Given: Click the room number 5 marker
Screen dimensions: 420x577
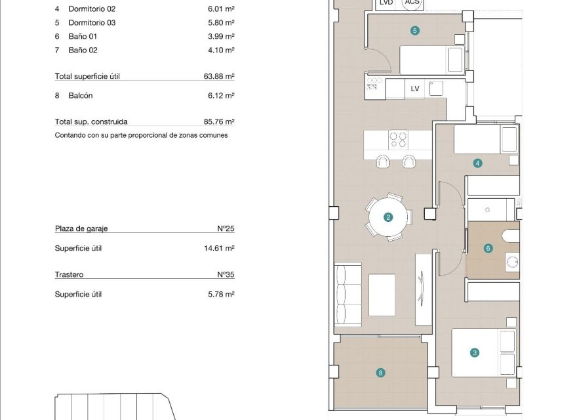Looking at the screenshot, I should (414, 30).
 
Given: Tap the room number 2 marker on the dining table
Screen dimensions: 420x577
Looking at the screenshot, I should (388, 217).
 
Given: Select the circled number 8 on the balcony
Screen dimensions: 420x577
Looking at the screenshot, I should (380, 373).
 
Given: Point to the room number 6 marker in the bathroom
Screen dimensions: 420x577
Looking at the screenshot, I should (488, 248).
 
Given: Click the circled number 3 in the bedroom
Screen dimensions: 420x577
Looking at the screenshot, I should (475, 352).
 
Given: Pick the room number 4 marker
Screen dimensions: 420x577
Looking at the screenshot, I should (478, 163).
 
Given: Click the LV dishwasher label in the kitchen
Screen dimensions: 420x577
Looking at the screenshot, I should (414, 89).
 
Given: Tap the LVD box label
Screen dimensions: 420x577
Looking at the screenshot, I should (387, 3).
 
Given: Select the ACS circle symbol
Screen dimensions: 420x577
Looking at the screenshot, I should (412, 3).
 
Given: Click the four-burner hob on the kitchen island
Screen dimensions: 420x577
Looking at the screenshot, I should (399, 139).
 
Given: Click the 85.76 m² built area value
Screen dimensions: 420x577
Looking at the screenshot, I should (219, 121).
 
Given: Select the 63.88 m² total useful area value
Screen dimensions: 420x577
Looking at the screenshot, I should (219, 76).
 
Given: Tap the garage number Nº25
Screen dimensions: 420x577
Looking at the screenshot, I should (226, 229).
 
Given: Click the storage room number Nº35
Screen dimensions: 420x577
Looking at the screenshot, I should (226, 275).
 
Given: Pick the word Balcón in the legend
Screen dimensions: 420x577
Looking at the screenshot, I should (81, 95).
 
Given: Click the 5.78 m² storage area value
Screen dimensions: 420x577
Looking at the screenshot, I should (221, 295).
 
